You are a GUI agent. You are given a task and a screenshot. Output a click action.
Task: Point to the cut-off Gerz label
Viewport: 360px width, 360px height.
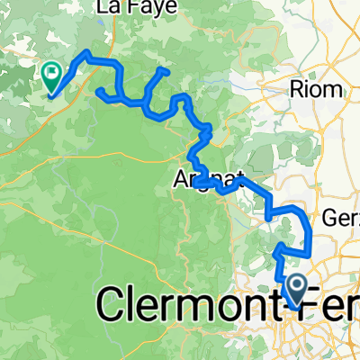341,219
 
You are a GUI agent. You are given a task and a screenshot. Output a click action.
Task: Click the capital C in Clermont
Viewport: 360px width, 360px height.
112,308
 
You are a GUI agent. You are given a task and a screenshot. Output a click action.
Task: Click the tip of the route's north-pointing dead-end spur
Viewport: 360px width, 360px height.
161,69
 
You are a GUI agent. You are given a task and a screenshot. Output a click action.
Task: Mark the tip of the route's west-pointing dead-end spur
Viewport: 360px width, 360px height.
97,89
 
